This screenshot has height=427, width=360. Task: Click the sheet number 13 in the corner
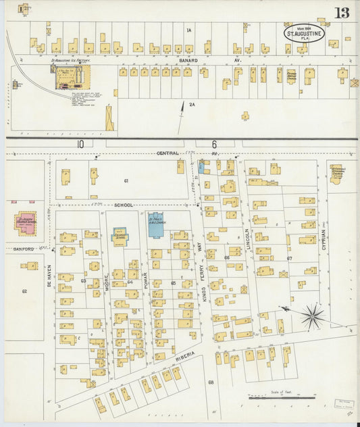pos(341,12)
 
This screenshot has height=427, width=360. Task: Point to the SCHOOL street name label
pos(124,204)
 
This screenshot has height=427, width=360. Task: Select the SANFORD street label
pos(23,249)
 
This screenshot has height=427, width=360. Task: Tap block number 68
pos(211,383)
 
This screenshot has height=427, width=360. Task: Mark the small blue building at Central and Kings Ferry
pos(201,166)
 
